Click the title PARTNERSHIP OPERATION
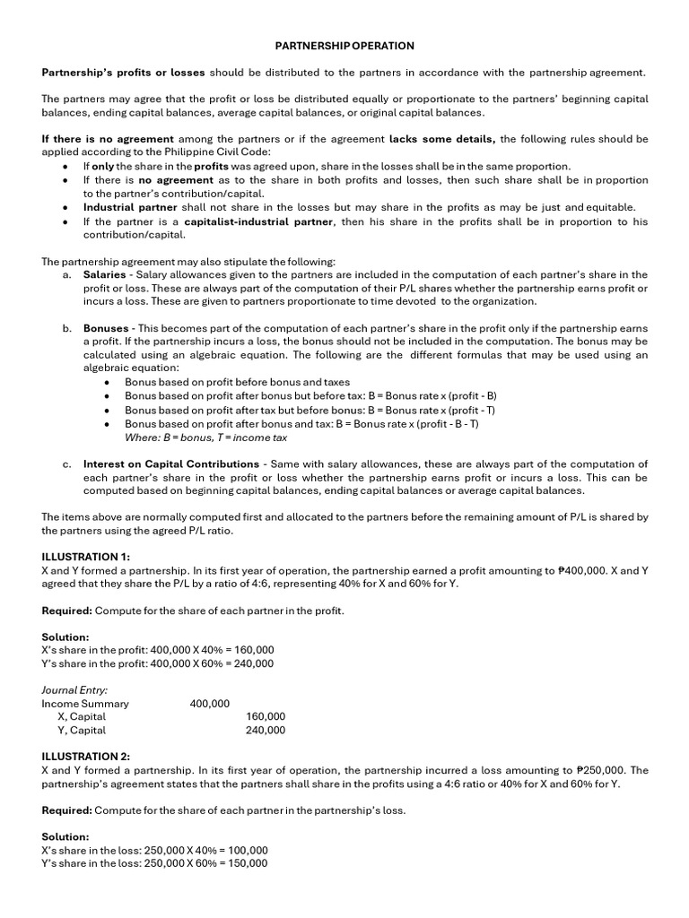pos(344,45)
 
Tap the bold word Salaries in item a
pos(105,274)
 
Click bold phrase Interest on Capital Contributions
pos(171,464)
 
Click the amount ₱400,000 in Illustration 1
pos(585,570)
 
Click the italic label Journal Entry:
pos(75,690)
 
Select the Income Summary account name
pos(85,704)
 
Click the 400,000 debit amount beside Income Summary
pos(210,704)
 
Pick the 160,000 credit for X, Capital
pos(266,717)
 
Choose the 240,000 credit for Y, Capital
pos(266,731)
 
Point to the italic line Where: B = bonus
pos(205,437)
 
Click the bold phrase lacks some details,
pos(443,139)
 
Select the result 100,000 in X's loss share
pos(248,850)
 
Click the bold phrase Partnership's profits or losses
pos(124,72)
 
